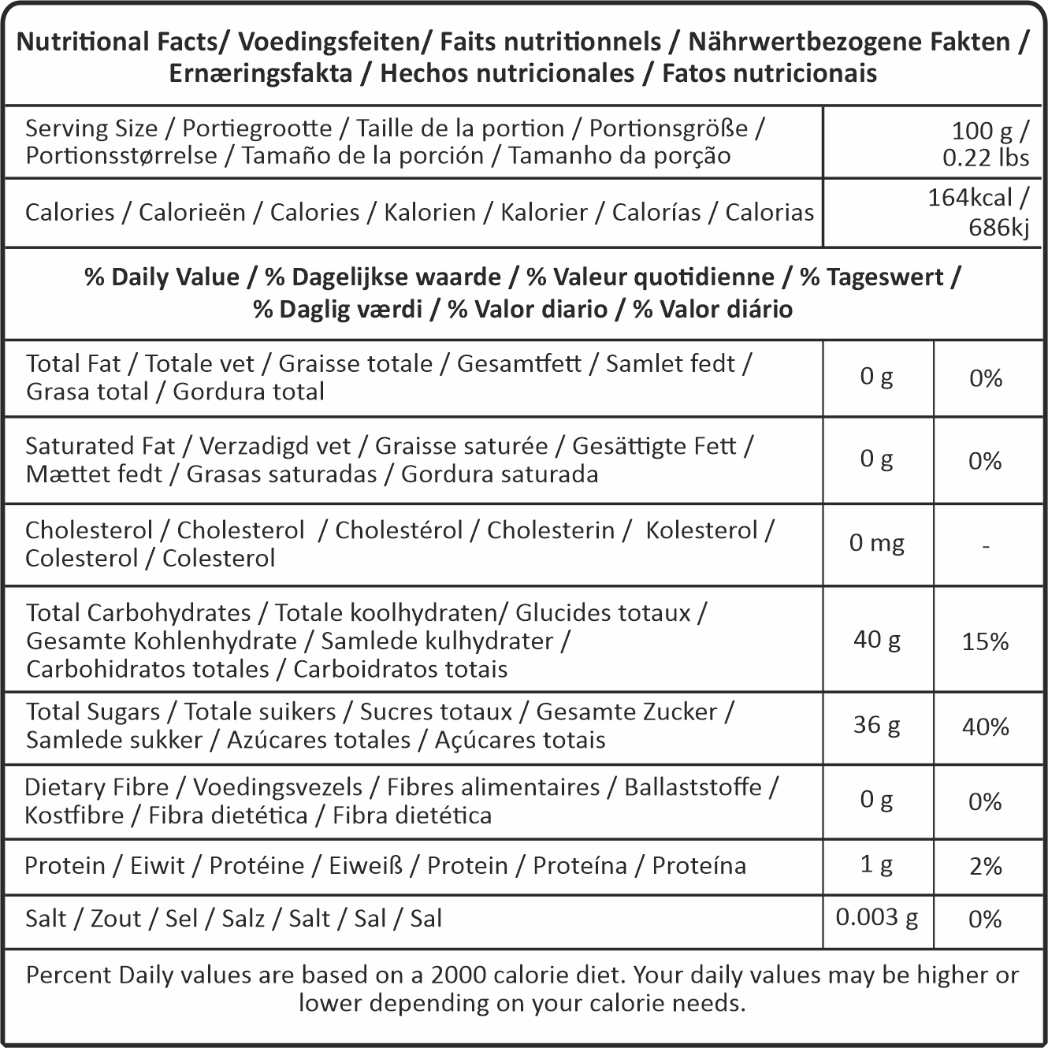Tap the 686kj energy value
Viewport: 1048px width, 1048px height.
pyautogui.click(x=998, y=227)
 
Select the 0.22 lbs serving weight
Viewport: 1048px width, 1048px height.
pyautogui.click(x=986, y=158)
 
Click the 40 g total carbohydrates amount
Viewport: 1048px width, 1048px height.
pyautogui.click(x=876, y=639)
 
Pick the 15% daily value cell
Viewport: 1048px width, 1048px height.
pyautogui.click(x=985, y=641)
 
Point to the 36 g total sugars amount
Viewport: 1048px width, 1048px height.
pyautogui.click(x=876, y=724)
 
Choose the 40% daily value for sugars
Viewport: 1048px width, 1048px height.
pyautogui.click(x=985, y=727)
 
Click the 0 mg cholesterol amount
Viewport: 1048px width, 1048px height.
pyautogui.click(x=876, y=543)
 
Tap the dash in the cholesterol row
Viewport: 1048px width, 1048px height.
pyautogui.click(x=986, y=545)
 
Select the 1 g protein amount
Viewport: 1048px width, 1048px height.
pyautogui.click(x=876, y=864)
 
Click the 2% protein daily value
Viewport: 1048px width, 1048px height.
pyautogui.click(x=985, y=866)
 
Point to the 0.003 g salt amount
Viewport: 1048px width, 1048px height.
pyautogui.click(x=876, y=917)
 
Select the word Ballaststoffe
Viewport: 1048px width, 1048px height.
pyautogui.click(x=693, y=787)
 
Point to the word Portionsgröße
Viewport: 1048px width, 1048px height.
pyautogui.click(x=668, y=128)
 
